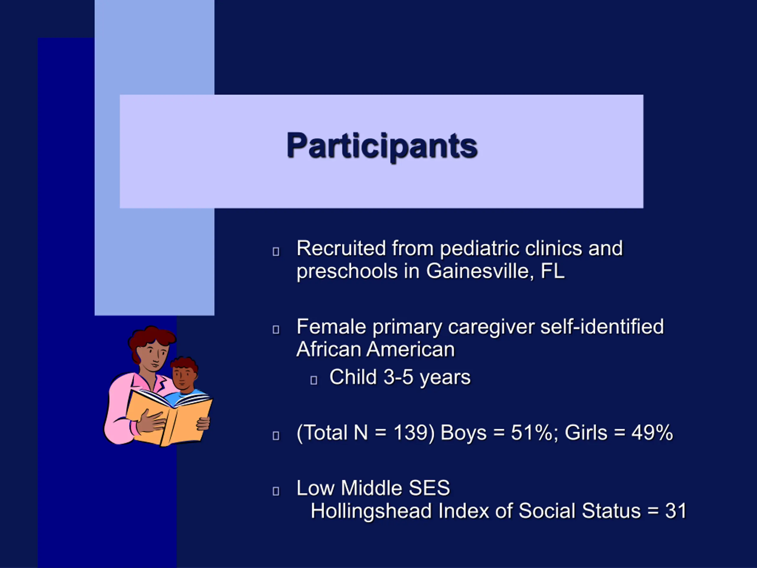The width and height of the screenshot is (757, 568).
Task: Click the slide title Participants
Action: point(382,146)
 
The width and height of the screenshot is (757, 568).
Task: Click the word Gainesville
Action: point(478,271)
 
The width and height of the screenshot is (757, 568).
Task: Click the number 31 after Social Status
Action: point(676,511)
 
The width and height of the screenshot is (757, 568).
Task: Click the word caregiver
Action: point(491,327)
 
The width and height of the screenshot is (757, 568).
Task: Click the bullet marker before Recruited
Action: point(276,252)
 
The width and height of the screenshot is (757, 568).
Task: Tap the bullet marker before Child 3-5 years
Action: point(313,380)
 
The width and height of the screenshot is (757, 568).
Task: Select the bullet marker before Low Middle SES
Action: point(276,491)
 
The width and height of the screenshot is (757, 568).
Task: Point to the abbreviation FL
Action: point(552,271)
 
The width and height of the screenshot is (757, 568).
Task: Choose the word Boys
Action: point(463,433)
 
